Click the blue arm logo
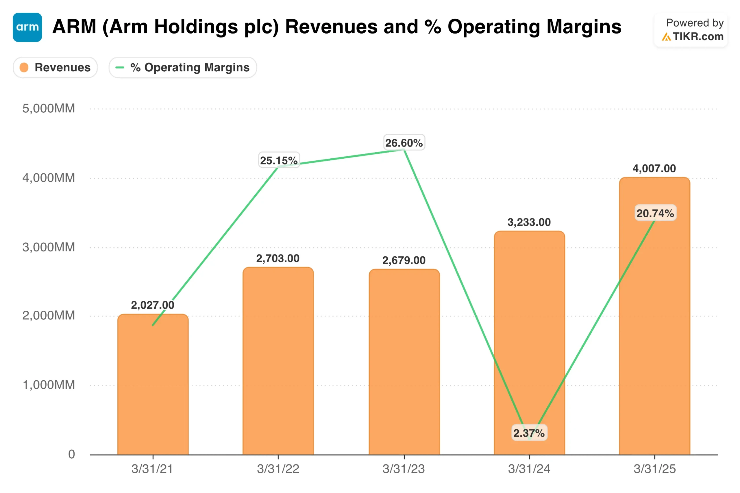tap(27, 27)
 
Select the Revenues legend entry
tap(55, 67)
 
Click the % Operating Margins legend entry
tap(183, 67)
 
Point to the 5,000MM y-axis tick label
tap(49, 108)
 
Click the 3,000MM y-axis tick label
tap(49, 247)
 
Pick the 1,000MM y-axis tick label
tap(49, 385)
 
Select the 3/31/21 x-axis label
tap(152, 469)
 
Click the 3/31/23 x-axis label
tap(404, 469)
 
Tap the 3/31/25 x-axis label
tap(654, 469)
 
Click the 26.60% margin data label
tap(404, 143)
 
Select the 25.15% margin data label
tap(279, 160)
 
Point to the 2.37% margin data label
tap(529, 433)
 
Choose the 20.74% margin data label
tap(655, 213)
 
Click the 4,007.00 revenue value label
tap(654, 168)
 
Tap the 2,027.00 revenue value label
tap(153, 305)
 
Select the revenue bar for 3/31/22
tap(278, 362)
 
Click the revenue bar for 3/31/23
tap(404, 362)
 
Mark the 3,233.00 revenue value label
tap(529, 222)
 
